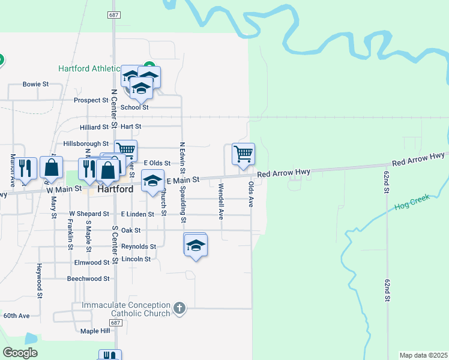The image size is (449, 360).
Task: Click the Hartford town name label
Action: coord(115,189)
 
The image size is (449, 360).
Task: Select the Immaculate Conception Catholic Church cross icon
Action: coord(178,308)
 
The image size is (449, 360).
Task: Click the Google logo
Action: coord(20,353)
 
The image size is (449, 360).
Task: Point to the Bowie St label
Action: coord(35,85)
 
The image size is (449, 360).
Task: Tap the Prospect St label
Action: coord(91,100)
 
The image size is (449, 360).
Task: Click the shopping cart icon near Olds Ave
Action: coord(243,154)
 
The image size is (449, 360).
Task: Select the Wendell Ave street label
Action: coord(221,202)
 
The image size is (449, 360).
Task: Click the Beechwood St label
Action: coord(88,278)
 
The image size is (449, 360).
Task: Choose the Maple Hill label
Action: coord(95,331)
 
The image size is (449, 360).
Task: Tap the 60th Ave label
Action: coord(16,316)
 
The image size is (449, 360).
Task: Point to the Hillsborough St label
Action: coord(86,144)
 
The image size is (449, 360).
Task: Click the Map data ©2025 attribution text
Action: coord(424,355)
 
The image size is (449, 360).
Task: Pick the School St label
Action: coord(134,107)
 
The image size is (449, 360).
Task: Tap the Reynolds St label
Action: coord(139,247)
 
